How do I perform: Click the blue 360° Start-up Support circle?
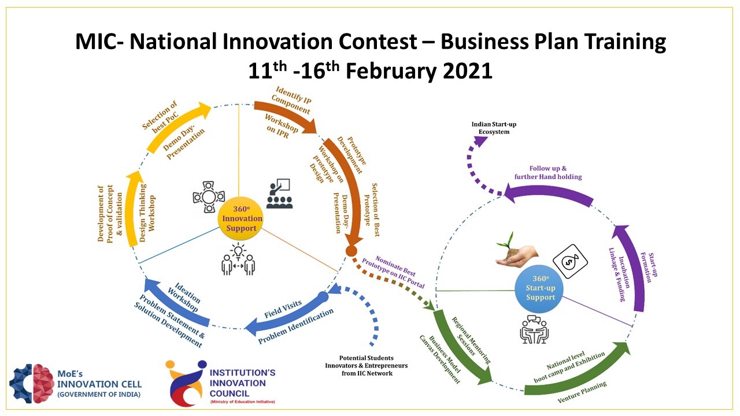(x=540, y=292)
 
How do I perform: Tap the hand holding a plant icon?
(x=516, y=252)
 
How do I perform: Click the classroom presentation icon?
(x=280, y=194)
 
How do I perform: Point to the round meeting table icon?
(x=208, y=197)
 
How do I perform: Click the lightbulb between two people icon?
(x=238, y=259)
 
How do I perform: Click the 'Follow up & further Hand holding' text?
(x=547, y=172)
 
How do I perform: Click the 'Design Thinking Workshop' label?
(x=148, y=208)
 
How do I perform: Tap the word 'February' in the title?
(x=404, y=70)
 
